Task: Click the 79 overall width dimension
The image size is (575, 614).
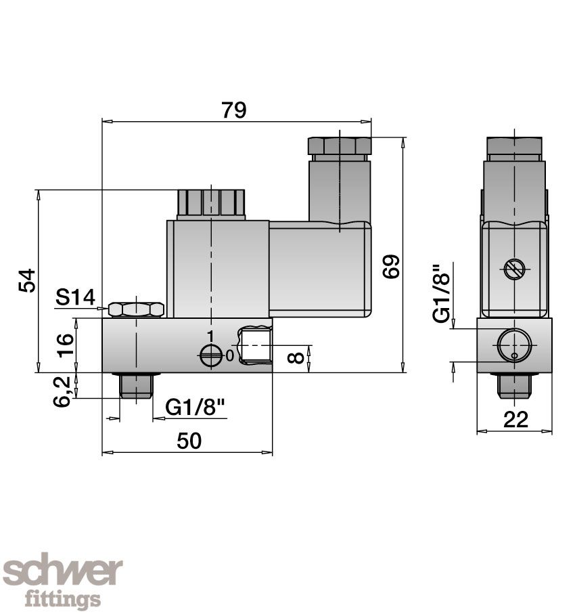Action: (x=234, y=110)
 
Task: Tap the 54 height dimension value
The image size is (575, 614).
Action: (x=26, y=280)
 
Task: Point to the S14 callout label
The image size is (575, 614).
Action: (x=75, y=297)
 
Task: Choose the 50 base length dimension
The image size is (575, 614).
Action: (x=189, y=441)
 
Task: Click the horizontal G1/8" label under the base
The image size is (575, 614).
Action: (x=195, y=408)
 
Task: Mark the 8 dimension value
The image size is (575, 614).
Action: (x=296, y=356)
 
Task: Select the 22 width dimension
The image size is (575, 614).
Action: (x=515, y=420)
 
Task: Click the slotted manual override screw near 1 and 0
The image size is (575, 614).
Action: (x=211, y=355)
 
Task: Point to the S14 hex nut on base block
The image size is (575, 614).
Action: (x=136, y=309)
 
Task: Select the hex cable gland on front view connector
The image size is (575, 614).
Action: (x=340, y=146)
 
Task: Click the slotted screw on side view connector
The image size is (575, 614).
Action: (x=514, y=269)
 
